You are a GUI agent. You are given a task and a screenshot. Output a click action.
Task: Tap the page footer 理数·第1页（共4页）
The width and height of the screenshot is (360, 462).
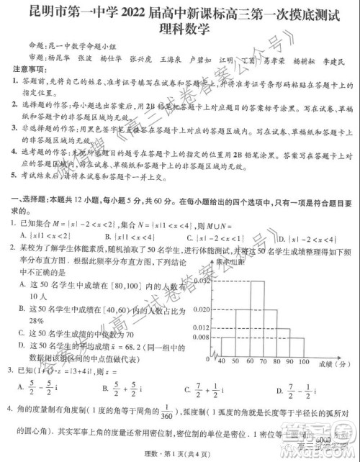coord(179,451)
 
